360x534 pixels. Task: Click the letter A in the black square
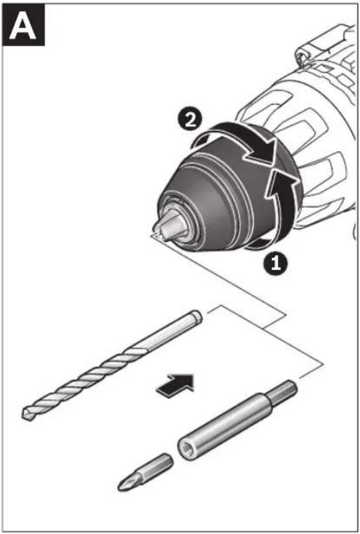pyautogui.click(x=23, y=27)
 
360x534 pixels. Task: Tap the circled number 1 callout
pyautogui.click(x=275, y=263)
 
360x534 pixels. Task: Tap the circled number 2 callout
pyautogui.click(x=190, y=120)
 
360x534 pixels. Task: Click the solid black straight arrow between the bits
pyautogui.click(x=175, y=385)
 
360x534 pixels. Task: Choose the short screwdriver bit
pyautogui.click(x=146, y=472)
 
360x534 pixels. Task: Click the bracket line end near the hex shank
pyautogui.click(x=300, y=377)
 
